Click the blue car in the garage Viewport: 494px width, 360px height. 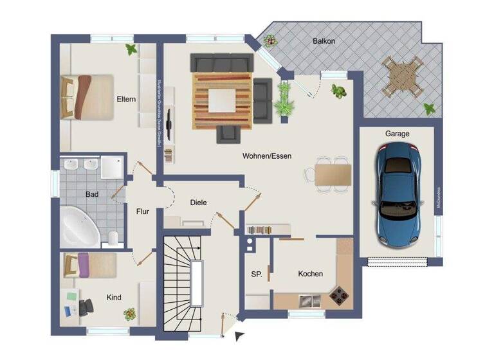pyautogui.click(x=398, y=196)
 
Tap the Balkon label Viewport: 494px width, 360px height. pyautogui.click(x=324, y=40)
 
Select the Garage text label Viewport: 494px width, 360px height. pyautogui.click(x=397, y=134)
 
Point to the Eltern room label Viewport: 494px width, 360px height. pyautogui.click(x=125, y=100)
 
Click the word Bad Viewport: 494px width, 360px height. pyautogui.click(x=92, y=194)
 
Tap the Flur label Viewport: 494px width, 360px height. pyautogui.click(x=143, y=211)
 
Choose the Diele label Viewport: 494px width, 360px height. pyautogui.click(x=199, y=202)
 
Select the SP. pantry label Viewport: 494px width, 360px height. pyautogui.click(x=256, y=274)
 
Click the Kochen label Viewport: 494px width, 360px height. pyautogui.click(x=310, y=274)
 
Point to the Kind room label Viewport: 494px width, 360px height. pyautogui.click(x=114, y=298)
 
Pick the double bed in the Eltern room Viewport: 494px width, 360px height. pyautogui.click(x=86, y=96)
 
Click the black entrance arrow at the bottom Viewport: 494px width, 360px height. pyautogui.click(x=239, y=334)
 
